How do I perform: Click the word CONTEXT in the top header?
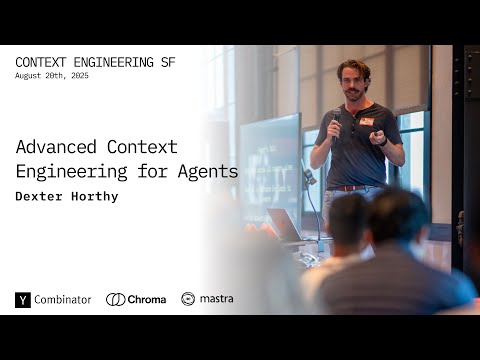[x=43, y=62]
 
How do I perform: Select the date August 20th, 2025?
[x=51, y=76]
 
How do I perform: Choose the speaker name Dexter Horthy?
[x=67, y=196]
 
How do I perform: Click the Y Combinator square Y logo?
[x=23, y=299]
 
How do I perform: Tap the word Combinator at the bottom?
[x=63, y=299]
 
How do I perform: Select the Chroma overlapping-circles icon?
[x=116, y=299]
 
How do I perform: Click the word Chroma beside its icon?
[x=147, y=299]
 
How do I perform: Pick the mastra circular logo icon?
[x=188, y=299]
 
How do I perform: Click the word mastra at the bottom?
[x=217, y=299]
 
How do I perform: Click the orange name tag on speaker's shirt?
[x=366, y=121]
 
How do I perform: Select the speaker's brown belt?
[x=348, y=188]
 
